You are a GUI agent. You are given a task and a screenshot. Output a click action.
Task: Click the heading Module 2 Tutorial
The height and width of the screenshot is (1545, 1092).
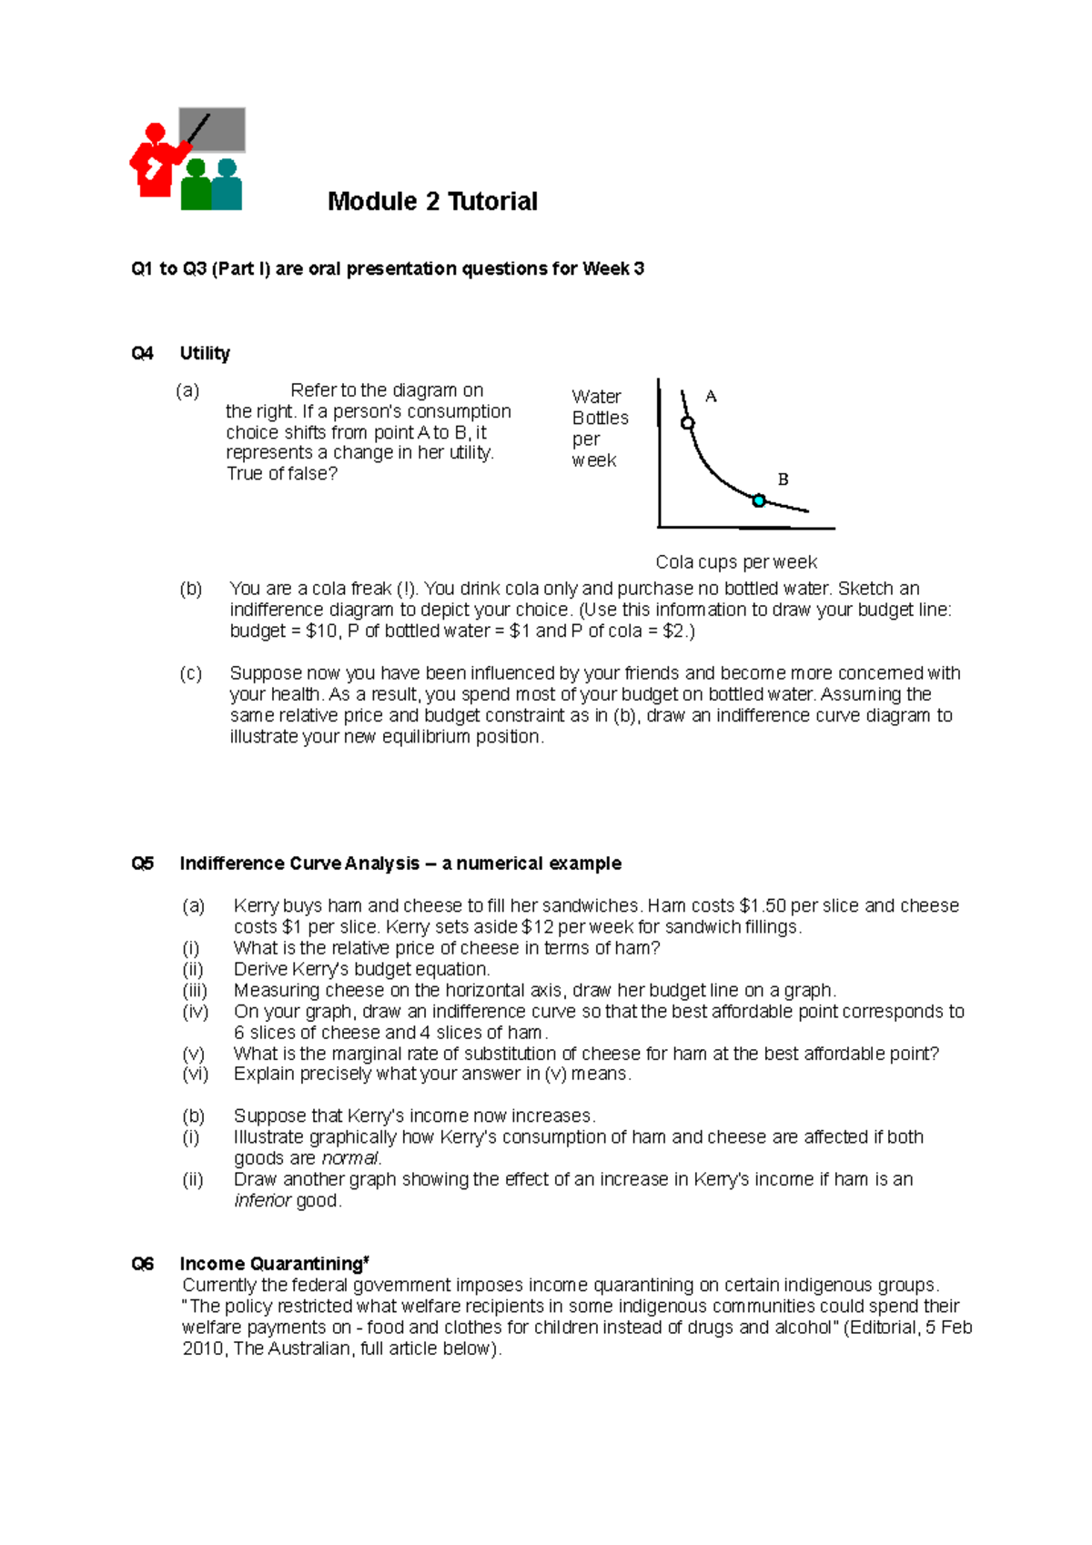coord(432,201)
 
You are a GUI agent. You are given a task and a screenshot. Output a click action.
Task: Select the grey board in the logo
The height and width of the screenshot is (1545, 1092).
coord(213,129)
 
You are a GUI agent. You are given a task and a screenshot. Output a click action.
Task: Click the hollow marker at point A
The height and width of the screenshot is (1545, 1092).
coord(688,423)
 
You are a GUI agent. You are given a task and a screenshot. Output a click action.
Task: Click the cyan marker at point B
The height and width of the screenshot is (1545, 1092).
coord(759,500)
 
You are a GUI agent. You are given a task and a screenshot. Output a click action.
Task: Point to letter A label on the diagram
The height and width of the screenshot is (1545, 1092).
coord(711,397)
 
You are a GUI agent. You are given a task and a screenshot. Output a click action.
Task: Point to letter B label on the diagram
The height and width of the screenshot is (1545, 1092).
coord(783,480)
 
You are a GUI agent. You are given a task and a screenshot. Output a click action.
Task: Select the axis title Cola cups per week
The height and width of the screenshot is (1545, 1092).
coord(736,562)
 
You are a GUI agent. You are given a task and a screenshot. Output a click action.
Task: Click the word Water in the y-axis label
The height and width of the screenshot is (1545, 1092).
coord(596,397)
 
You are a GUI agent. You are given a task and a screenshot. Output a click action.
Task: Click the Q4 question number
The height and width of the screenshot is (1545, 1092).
coord(143,353)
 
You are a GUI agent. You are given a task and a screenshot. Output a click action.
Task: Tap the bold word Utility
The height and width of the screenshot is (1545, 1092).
coord(205,353)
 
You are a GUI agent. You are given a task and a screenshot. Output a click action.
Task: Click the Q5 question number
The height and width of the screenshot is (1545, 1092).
coord(143,863)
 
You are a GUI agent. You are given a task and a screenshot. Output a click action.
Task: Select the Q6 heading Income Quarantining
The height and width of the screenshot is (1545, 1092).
coord(273,1264)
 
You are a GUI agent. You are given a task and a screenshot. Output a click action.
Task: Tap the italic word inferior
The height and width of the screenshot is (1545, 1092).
coord(262,1201)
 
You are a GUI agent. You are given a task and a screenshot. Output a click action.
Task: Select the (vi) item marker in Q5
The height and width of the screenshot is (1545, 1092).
coord(195,1075)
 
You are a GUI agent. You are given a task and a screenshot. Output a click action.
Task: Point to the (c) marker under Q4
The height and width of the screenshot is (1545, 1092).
coord(190,673)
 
